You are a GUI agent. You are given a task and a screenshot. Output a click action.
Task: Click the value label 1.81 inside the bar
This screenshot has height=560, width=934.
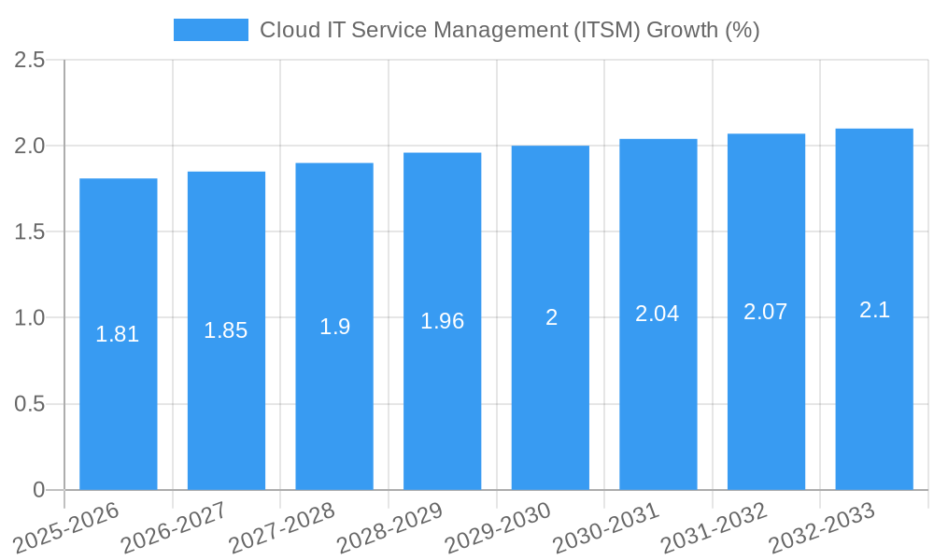pyautogui.click(x=118, y=334)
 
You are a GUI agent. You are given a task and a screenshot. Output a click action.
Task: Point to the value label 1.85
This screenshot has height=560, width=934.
pyautogui.click(x=226, y=330)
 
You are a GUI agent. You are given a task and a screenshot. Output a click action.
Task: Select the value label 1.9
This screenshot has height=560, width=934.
pyautogui.click(x=334, y=327)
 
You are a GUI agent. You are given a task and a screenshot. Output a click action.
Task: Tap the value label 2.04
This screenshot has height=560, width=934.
pyautogui.click(x=658, y=315)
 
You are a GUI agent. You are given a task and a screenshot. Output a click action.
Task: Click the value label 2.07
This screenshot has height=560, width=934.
pyautogui.click(x=766, y=312)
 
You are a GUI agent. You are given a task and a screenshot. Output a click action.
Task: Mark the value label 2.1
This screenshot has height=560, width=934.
pyautogui.click(x=874, y=310)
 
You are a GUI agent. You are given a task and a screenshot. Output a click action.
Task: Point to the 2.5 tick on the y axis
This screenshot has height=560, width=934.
pyautogui.click(x=30, y=60)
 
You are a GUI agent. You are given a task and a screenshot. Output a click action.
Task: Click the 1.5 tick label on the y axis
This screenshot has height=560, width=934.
pyautogui.click(x=30, y=231)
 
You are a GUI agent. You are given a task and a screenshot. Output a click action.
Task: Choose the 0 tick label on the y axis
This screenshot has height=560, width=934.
pyautogui.click(x=38, y=490)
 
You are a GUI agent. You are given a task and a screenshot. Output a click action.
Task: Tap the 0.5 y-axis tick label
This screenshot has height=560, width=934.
pyautogui.click(x=30, y=404)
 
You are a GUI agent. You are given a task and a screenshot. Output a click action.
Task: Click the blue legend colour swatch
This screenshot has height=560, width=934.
pyautogui.click(x=211, y=30)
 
